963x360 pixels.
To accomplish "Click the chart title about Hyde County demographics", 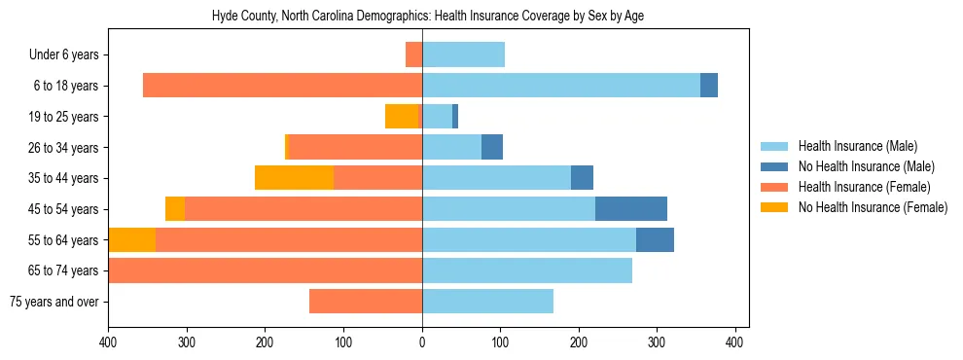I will (x=428, y=17).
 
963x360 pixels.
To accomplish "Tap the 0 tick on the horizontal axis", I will (x=422, y=342).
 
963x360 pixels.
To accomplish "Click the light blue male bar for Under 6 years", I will (x=463, y=54).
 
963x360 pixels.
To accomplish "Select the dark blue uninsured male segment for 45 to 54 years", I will (x=631, y=209).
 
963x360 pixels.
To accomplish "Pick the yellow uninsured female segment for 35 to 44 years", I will (x=294, y=178).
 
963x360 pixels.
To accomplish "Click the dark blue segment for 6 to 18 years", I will (x=709, y=86).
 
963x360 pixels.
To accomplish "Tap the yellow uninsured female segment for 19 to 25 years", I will (x=401, y=117).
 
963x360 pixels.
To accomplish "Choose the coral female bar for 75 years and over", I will (x=366, y=302).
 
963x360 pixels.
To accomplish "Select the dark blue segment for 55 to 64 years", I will (x=655, y=240).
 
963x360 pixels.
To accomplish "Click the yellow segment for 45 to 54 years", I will (x=175, y=209).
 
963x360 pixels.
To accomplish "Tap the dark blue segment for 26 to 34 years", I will (x=492, y=148).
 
